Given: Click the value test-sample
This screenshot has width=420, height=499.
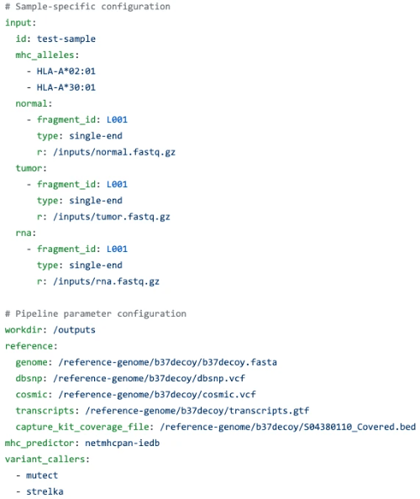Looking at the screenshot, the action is click(x=66, y=39).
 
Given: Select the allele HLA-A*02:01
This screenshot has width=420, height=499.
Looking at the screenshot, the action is click(x=66, y=71).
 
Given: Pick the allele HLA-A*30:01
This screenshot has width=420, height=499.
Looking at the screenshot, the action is click(x=66, y=87).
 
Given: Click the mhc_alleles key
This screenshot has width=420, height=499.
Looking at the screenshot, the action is click(x=45, y=55).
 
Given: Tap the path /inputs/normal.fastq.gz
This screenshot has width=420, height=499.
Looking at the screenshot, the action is click(x=114, y=152).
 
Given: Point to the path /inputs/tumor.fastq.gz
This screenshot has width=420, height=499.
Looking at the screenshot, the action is click(x=112, y=217).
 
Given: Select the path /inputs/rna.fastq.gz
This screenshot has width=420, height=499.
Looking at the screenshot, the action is click(x=107, y=281).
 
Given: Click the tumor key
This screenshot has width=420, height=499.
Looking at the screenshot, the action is click(x=29, y=168).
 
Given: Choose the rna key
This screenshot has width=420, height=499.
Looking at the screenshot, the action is click(x=24, y=233).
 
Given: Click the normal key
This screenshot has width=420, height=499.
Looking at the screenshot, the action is click(x=32, y=103).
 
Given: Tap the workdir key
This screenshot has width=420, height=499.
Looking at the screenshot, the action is click(x=24, y=329).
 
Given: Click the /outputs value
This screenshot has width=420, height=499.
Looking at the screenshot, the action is click(x=75, y=330).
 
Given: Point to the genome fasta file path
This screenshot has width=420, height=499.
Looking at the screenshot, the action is click(x=168, y=362).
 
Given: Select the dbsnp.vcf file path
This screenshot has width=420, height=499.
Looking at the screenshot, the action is click(x=150, y=379).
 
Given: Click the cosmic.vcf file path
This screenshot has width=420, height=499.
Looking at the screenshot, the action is click(x=157, y=395).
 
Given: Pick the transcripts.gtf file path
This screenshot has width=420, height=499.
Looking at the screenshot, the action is click(x=197, y=411).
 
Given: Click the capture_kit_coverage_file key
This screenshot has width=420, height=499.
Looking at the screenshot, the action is click(x=82, y=427).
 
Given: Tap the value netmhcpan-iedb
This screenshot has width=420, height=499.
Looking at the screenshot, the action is click(x=123, y=444).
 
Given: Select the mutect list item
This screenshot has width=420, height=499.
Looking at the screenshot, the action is click(x=42, y=475).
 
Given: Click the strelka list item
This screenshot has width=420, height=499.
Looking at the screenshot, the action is click(x=45, y=491).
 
